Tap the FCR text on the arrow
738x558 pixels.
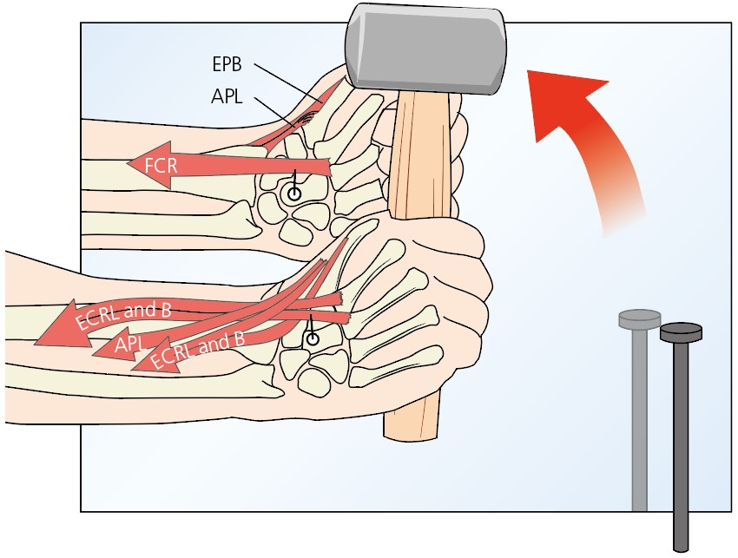click(161, 163)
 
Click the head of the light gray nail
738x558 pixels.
click(640, 318)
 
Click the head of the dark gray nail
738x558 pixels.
click(681, 331)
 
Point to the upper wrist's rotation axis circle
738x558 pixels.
click(294, 194)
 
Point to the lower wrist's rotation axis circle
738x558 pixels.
click(312, 339)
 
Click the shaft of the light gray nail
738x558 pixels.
click(640, 417)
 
